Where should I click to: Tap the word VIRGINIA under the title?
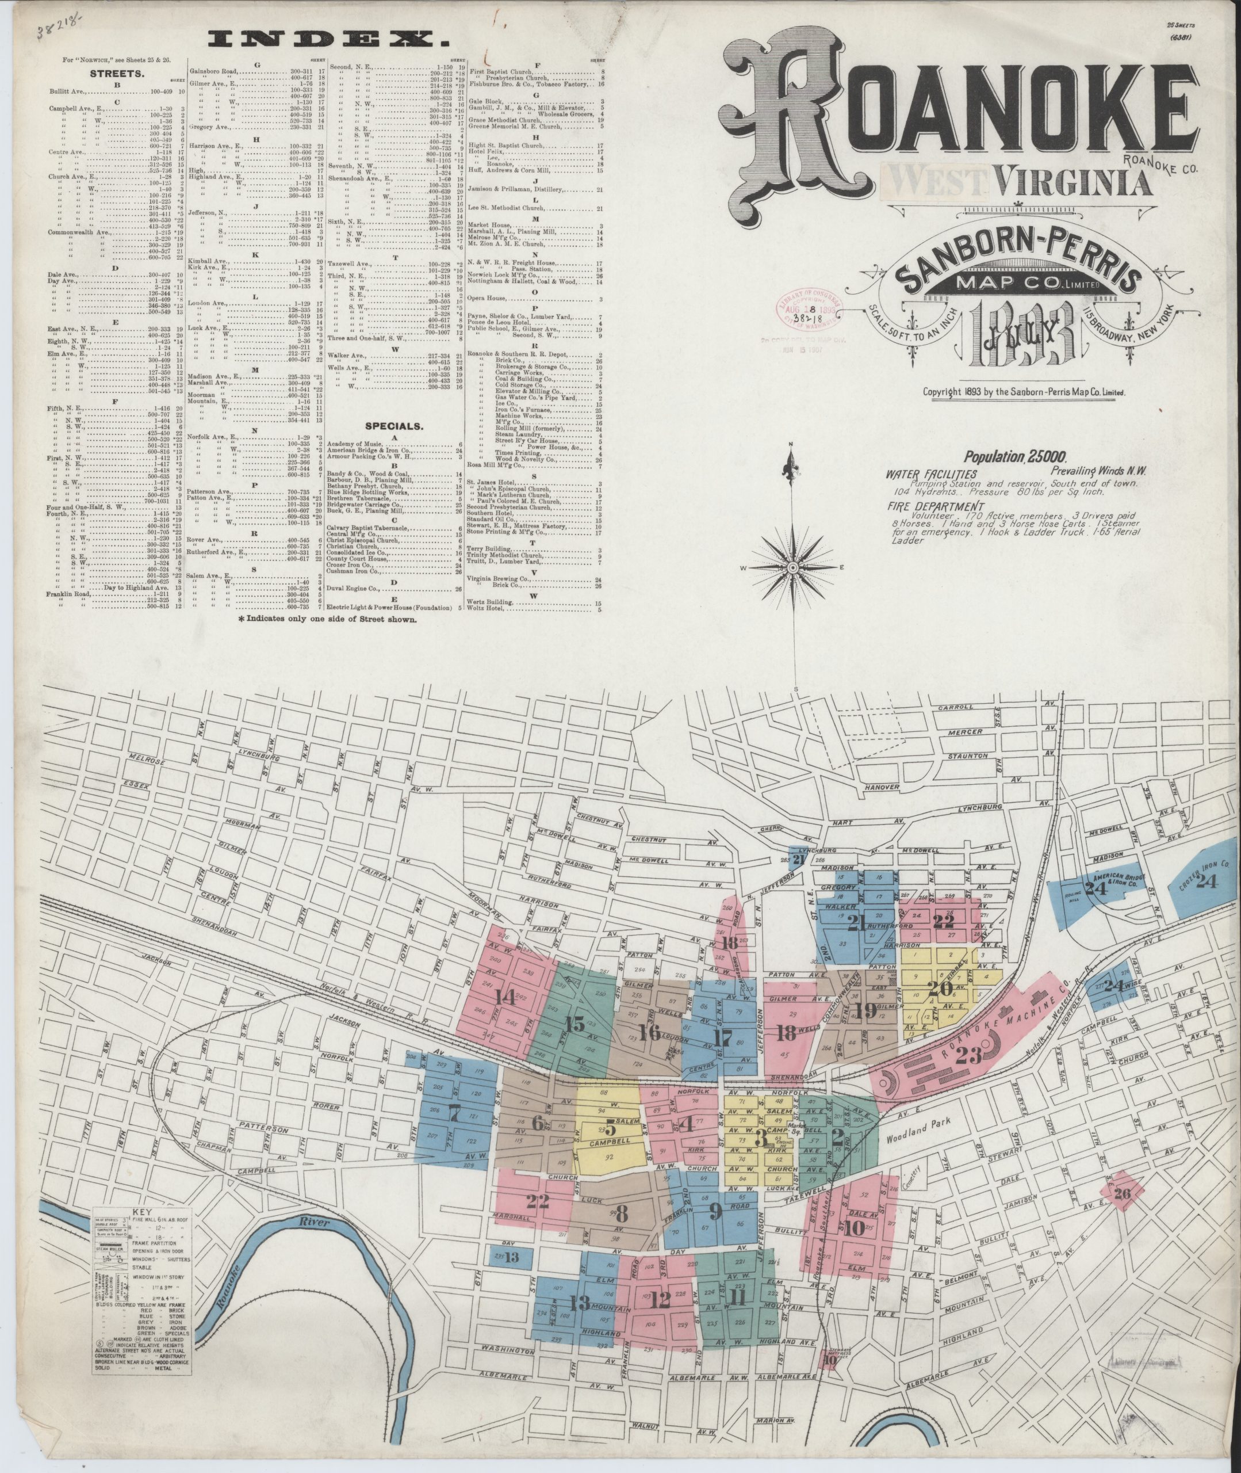pyautogui.click(x=1074, y=184)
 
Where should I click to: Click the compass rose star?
pyautogui.click(x=793, y=567)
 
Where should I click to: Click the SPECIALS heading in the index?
pyautogui.click(x=393, y=426)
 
